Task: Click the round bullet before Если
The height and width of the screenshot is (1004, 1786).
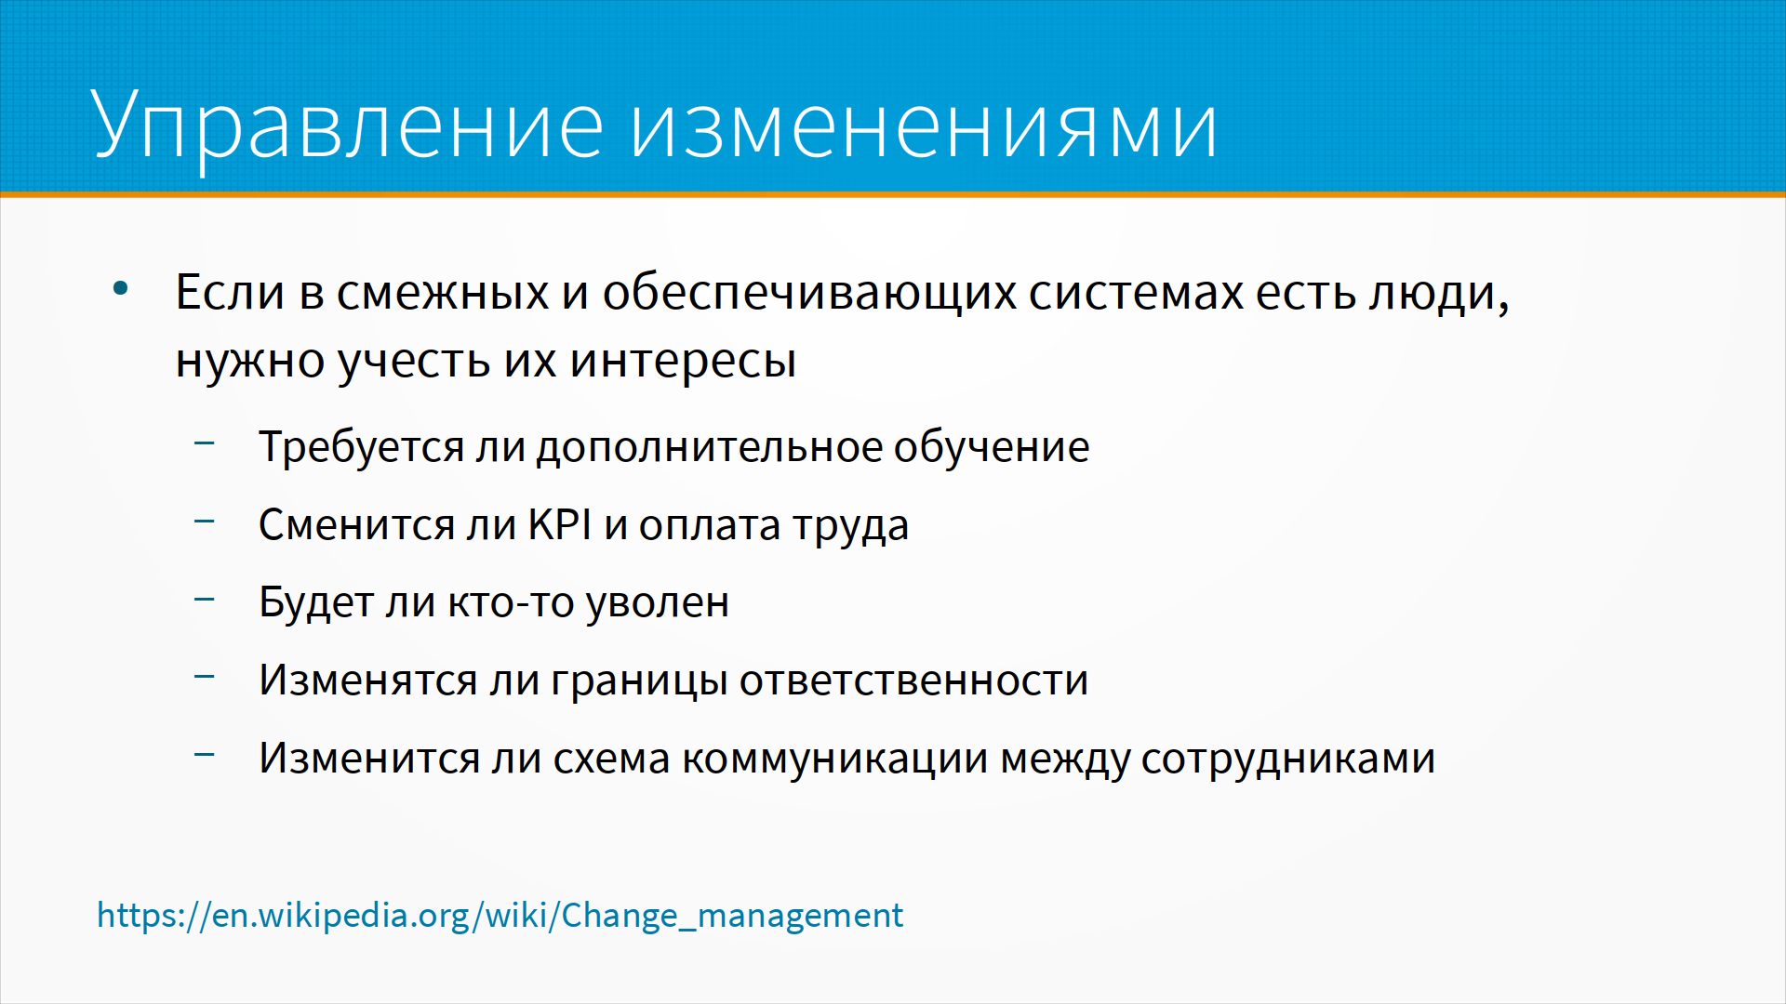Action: (x=121, y=289)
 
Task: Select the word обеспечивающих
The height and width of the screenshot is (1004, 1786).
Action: (x=809, y=294)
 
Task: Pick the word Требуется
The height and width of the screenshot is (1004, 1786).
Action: (x=361, y=448)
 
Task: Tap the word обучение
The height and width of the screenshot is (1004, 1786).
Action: (x=992, y=448)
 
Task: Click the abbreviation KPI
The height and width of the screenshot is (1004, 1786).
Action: (x=560, y=525)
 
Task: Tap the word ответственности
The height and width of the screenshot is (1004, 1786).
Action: (x=913, y=681)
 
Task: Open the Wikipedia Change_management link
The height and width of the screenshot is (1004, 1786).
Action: (x=500, y=916)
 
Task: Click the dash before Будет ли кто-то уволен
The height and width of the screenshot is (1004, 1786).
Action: (x=205, y=600)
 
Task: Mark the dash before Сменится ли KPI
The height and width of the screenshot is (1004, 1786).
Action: (x=205, y=522)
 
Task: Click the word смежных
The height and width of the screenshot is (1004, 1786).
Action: (x=443, y=294)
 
